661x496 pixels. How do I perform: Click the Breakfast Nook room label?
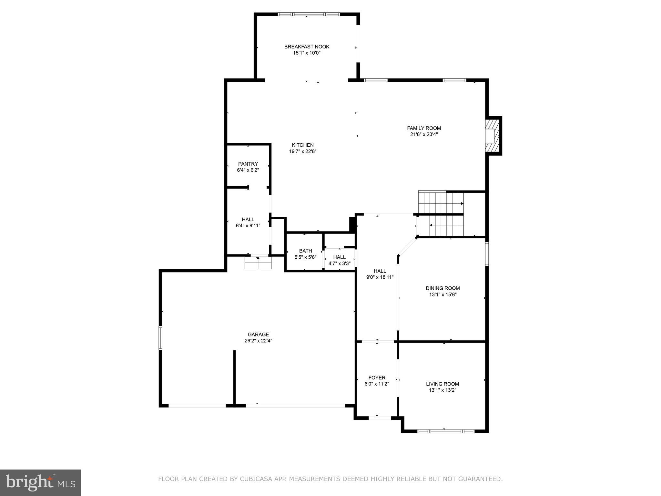307,46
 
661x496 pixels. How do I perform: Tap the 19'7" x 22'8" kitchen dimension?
302,151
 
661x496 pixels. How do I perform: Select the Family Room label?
423,128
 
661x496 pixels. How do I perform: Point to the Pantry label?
248,164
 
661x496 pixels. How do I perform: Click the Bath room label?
305,251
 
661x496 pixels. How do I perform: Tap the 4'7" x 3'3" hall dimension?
339,263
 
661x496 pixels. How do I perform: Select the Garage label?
258,335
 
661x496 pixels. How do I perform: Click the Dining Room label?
442,288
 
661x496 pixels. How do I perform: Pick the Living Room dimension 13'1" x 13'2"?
442,390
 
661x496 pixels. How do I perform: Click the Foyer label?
377,377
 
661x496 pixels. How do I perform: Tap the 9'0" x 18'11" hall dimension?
380,277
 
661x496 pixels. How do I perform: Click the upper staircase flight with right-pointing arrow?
441,203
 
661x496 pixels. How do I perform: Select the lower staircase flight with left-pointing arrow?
446,226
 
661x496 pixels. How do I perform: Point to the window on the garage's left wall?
160,338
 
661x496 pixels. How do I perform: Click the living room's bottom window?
446,431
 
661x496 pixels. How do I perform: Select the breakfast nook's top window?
309,14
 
